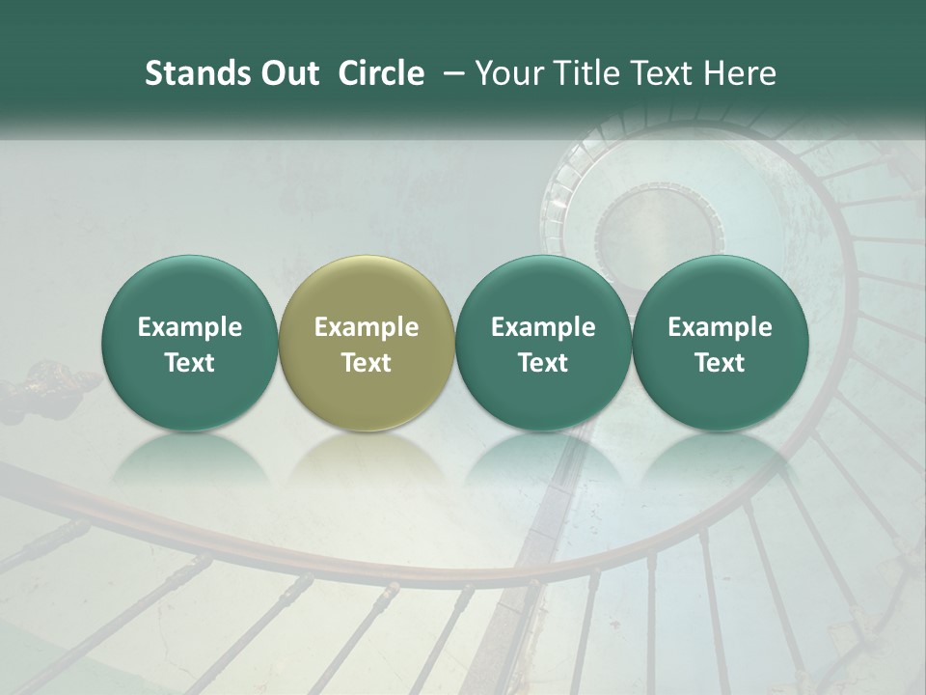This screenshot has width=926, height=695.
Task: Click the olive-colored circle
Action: click(367, 343)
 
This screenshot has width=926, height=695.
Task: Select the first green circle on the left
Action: click(190, 343)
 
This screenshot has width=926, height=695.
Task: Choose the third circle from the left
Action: click(543, 343)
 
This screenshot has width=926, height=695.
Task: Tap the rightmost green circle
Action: click(720, 343)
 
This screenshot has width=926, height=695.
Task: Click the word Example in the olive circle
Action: click(367, 327)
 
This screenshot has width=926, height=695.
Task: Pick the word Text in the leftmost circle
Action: click(190, 363)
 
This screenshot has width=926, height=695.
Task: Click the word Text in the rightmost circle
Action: click(720, 363)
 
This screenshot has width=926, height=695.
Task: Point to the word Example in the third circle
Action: click(543, 327)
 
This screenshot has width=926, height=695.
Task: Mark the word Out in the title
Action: click(288, 73)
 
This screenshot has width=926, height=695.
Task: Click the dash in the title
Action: click(450, 73)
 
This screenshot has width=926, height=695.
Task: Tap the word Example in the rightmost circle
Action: click(720, 327)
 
